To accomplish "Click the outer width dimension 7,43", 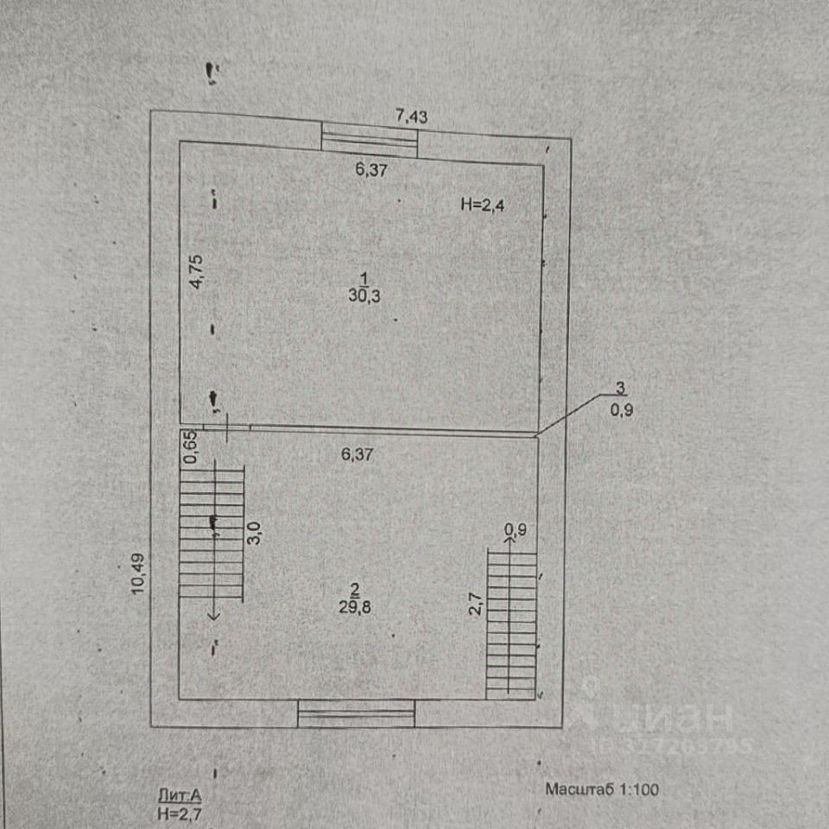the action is point(412,117).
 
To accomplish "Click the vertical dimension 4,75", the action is point(197,272).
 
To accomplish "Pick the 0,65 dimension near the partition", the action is point(192,447).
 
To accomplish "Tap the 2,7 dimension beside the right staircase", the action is point(474,601).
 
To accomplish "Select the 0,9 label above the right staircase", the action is point(515,529).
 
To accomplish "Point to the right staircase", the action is point(511,623).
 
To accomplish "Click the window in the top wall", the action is point(370,140).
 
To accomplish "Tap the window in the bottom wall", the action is point(357,713).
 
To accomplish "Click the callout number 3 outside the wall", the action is point(620,388).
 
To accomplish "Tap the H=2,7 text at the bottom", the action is point(179,813).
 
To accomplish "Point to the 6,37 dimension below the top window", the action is point(371,170).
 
